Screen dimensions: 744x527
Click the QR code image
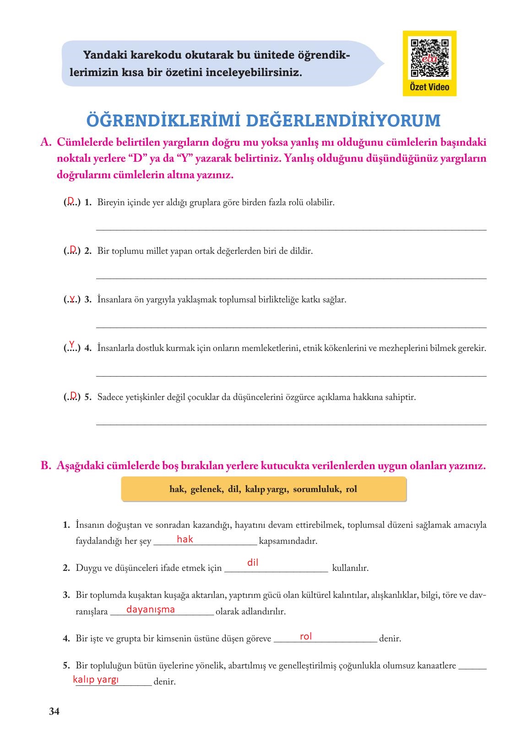tap(429, 58)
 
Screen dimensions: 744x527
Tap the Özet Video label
tap(429, 87)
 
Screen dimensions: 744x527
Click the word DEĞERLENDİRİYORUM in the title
tap(343, 120)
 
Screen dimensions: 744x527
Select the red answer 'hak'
tap(185, 539)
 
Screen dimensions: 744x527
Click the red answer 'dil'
tap(253, 563)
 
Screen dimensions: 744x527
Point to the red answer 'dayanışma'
tap(150, 609)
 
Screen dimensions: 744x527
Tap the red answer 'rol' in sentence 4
tap(305, 636)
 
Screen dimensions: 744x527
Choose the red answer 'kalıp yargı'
tap(96, 679)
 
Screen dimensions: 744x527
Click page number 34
tap(54, 711)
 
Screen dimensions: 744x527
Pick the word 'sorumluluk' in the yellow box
tap(316, 489)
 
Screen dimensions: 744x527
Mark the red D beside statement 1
tap(71, 200)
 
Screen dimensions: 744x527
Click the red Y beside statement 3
tap(72, 299)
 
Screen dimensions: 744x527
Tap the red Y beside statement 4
tap(71, 343)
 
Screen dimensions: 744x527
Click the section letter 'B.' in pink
tap(45, 466)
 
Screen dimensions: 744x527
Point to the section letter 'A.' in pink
tap(45, 142)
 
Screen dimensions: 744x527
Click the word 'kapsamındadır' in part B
tap(288, 541)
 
